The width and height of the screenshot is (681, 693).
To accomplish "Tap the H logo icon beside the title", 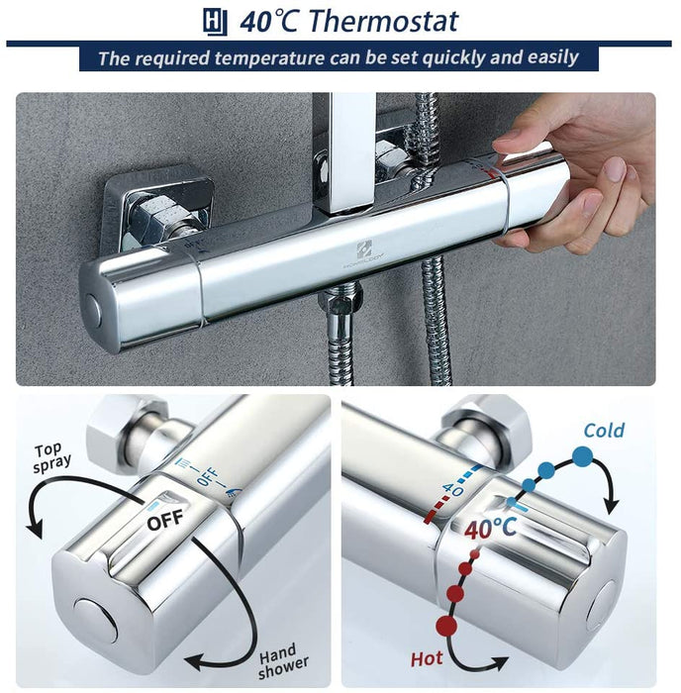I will [x=215, y=21].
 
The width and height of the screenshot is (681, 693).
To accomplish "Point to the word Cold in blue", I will [x=604, y=431].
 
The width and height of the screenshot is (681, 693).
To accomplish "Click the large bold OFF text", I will [x=166, y=520].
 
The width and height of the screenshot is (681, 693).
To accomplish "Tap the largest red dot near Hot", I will [x=446, y=625].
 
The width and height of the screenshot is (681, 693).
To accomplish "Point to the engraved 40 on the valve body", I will [x=453, y=487].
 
